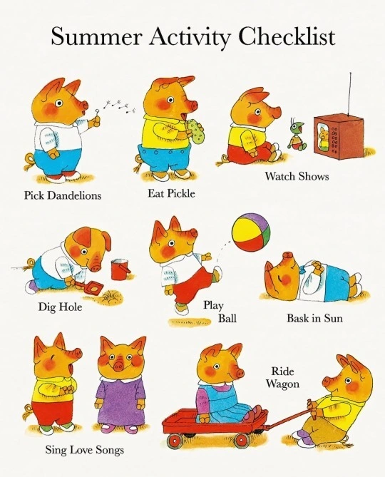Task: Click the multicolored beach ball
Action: coord(251,232)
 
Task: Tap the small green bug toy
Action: coord(297,135)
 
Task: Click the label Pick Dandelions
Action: coord(63,195)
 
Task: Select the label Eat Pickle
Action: coord(171,193)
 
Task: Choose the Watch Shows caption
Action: coord(297,176)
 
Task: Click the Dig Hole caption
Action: coord(60,307)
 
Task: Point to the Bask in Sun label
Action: coord(314,318)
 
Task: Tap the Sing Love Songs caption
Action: coord(85,450)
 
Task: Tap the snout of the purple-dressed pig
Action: coord(118,366)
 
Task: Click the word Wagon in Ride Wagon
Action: coord(282,384)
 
